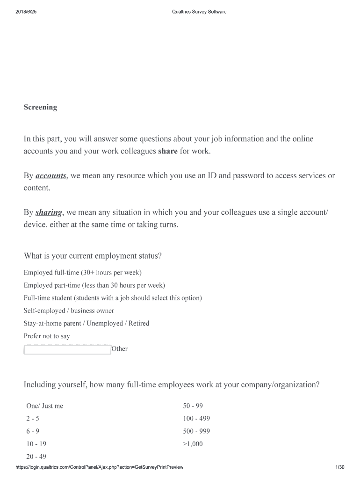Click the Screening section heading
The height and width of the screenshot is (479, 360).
(x=40, y=107)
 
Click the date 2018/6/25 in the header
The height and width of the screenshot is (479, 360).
(x=26, y=12)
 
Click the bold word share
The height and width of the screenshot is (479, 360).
(x=168, y=152)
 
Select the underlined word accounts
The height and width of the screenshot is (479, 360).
(x=51, y=176)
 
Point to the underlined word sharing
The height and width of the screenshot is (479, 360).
(x=49, y=212)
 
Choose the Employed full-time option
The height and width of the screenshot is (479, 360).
(x=82, y=272)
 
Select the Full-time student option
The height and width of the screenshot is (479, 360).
(x=112, y=298)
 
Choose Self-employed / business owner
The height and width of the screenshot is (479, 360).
(x=69, y=311)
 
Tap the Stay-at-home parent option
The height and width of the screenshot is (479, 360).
(x=86, y=323)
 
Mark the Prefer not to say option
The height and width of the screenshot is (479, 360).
(x=47, y=336)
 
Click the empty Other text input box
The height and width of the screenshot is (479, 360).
(x=67, y=349)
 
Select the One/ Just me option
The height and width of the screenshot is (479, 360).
(x=44, y=406)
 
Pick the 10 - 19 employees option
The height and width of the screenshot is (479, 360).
(x=36, y=444)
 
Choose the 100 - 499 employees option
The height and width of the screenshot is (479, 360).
(x=196, y=419)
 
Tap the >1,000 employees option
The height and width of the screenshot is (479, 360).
(x=193, y=444)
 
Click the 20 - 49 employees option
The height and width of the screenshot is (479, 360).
(x=36, y=457)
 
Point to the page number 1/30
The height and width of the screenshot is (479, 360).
(x=340, y=467)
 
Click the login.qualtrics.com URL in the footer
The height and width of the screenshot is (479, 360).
(x=99, y=467)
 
